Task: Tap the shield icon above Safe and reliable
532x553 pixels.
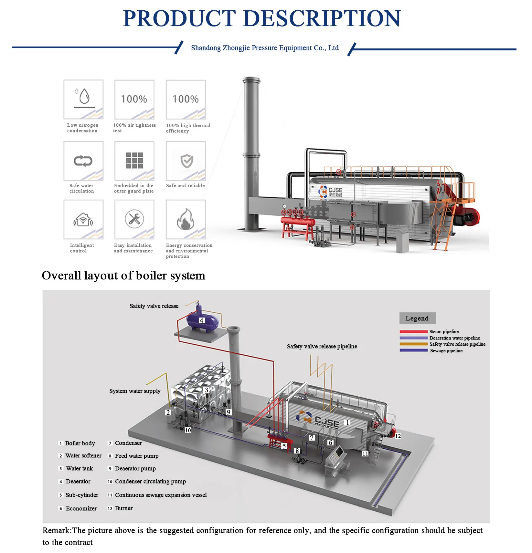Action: [x=186, y=161]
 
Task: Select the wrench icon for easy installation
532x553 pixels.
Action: [x=134, y=219]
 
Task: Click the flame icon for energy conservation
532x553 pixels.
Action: [x=186, y=219]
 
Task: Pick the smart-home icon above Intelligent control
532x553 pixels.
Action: [x=83, y=220]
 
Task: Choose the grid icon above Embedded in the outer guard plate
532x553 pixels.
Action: [x=134, y=161]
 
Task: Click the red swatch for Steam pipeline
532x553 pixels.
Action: [x=413, y=332]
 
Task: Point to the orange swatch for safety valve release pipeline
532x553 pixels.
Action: [x=413, y=344]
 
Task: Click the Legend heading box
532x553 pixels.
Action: [x=417, y=318]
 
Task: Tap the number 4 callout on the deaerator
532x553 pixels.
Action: [x=201, y=320]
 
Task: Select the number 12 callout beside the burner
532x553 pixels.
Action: [x=398, y=436]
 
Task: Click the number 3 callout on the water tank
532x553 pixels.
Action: [x=207, y=390]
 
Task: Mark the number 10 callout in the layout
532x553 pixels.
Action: [x=188, y=430]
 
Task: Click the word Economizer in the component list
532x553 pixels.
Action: [x=81, y=508]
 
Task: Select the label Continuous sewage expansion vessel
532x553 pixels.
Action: [x=161, y=495]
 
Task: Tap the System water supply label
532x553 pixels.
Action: [x=135, y=391]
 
